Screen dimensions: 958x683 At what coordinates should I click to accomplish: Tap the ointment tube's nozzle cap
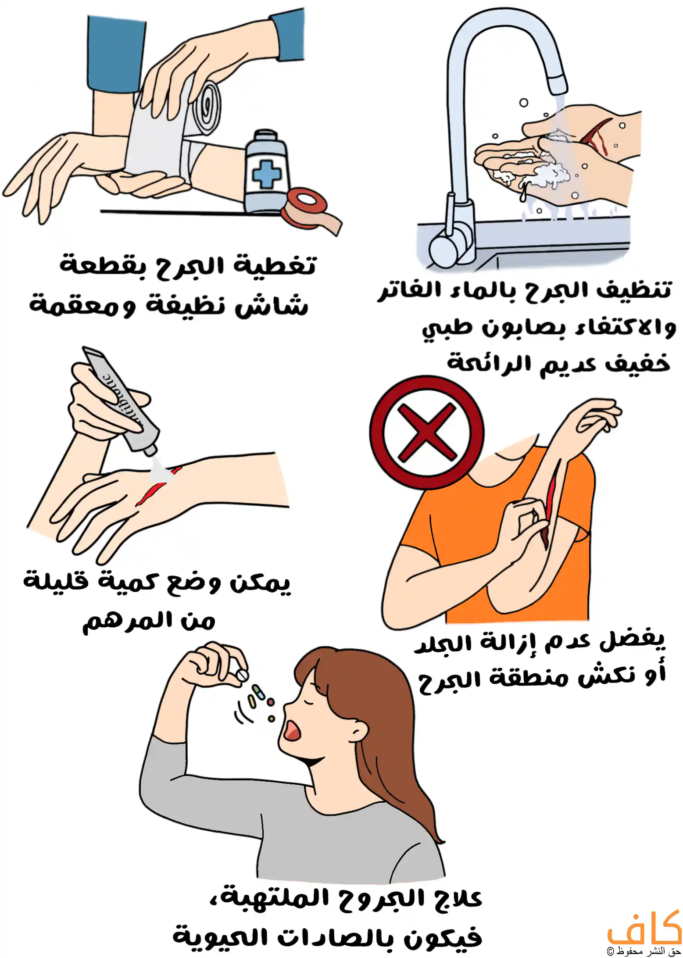(x=150, y=449)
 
